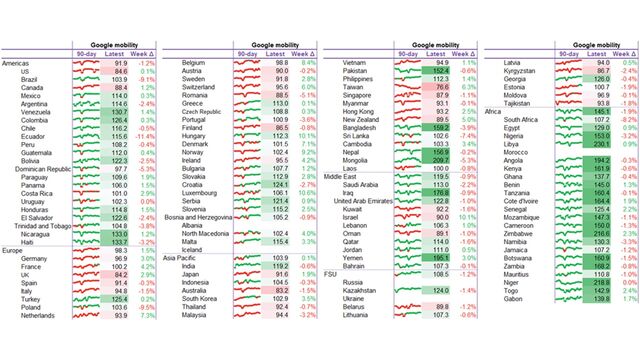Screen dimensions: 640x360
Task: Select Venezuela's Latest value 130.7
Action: (120, 112)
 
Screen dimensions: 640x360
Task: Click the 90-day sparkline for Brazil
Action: (86, 79)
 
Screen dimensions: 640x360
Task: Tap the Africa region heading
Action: (493, 112)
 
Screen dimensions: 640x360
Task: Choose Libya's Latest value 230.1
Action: (598, 144)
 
